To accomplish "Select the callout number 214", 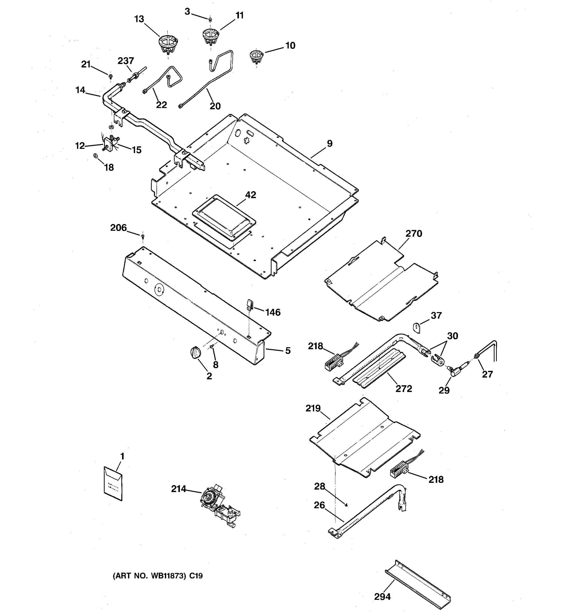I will tap(179, 489).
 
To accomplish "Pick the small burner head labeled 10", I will tap(256, 56).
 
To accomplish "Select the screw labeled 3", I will tap(210, 20).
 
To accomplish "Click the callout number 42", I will tap(250, 195).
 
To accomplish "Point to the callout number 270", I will tap(414, 234).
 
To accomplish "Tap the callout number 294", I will tap(382, 596).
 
